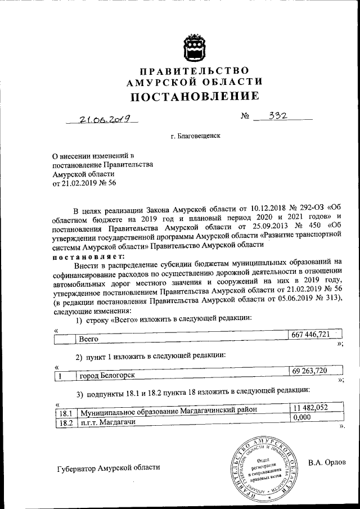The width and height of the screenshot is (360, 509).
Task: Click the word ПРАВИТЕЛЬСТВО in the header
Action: pyautogui.click(x=194, y=71)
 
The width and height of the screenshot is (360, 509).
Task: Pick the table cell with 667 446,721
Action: pyautogui.click(x=310, y=335)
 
